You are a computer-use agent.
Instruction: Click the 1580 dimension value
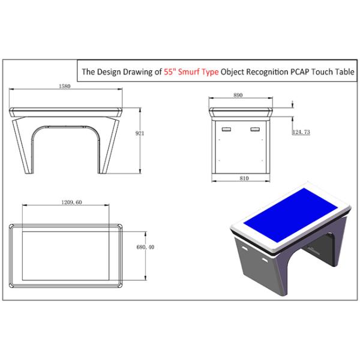click(65, 86)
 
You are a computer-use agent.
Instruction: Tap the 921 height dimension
click(140, 133)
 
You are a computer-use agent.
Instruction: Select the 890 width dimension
click(238, 95)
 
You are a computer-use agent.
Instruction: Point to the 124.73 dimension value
click(301, 132)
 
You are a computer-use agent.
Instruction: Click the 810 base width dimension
click(244, 178)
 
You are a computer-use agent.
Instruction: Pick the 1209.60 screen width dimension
click(71, 202)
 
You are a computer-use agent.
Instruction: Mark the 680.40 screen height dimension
click(145, 247)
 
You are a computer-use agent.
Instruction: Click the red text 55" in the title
click(170, 72)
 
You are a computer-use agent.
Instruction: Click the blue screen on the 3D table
click(290, 215)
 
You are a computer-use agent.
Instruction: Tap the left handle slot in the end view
click(226, 129)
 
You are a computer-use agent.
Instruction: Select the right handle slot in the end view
click(256, 129)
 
